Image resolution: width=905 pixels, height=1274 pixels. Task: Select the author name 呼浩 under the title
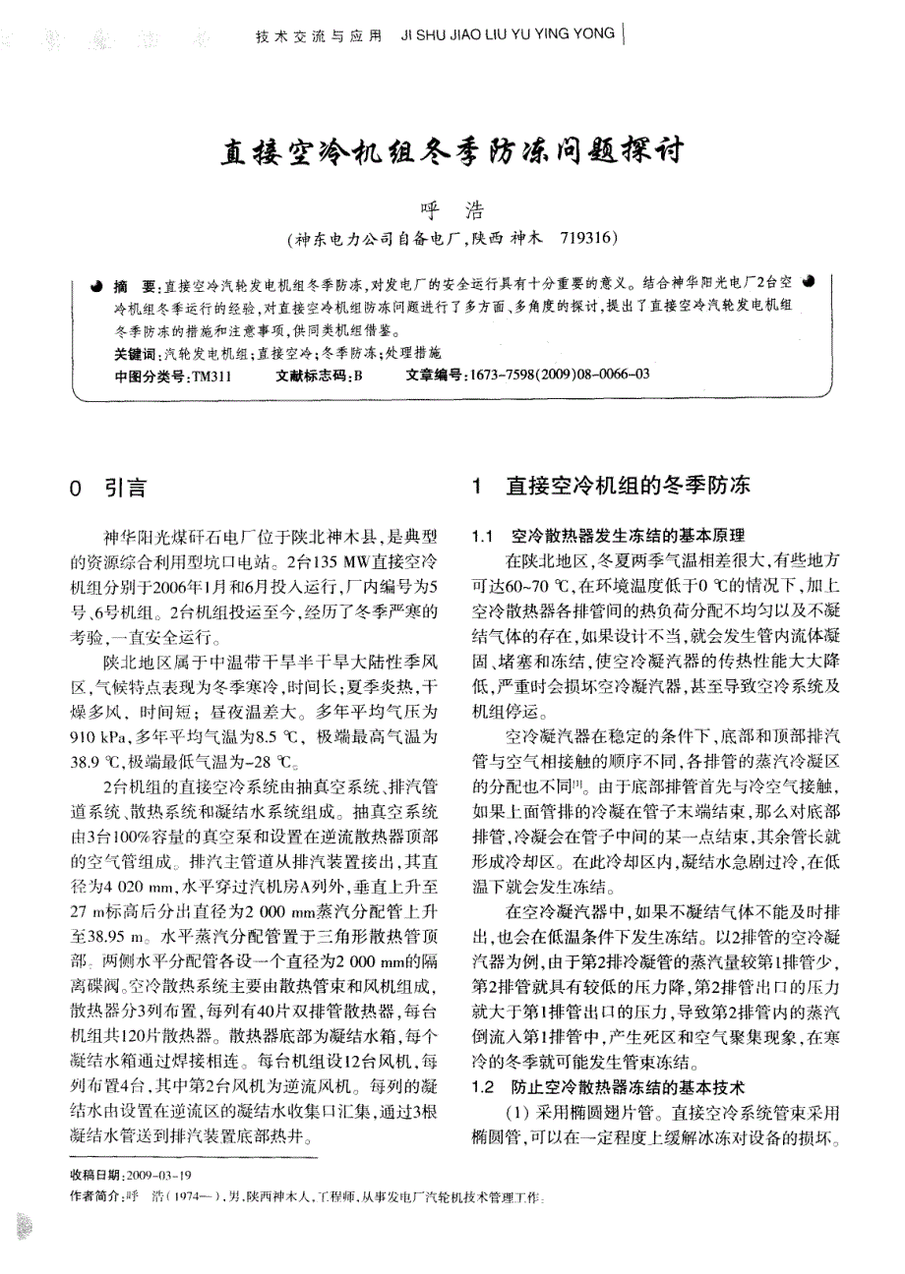tap(449, 210)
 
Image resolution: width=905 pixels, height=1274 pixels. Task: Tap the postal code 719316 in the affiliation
tap(587, 238)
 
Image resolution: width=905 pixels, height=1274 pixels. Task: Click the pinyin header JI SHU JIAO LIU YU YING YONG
tap(510, 36)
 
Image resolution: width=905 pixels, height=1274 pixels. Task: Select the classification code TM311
tap(211, 375)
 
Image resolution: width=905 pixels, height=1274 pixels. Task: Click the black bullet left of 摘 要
tap(96, 285)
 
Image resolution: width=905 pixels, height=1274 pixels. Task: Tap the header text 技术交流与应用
tap(318, 36)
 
